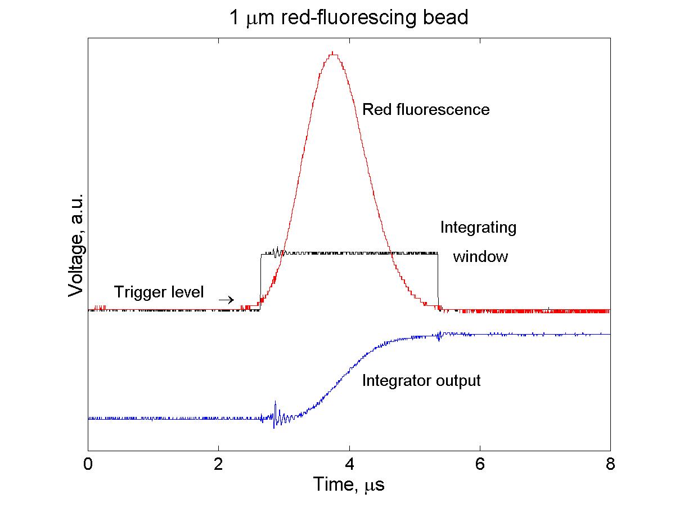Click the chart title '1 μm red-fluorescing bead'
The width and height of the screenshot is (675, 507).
pyautogui.click(x=348, y=18)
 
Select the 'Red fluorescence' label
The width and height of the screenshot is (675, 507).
pyautogui.click(x=426, y=109)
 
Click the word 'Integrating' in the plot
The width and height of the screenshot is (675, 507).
pyautogui.click(x=478, y=228)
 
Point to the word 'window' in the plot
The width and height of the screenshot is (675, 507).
pyautogui.click(x=480, y=257)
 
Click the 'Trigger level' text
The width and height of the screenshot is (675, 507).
pyautogui.click(x=159, y=292)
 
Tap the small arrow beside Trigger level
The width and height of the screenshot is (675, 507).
pyautogui.click(x=226, y=300)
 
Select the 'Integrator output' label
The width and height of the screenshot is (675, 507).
pyautogui.click(x=421, y=380)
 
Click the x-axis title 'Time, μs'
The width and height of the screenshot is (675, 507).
pyautogui.click(x=349, y=484)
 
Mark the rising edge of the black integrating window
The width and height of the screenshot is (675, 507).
pyautogui.click(x=260, y=282)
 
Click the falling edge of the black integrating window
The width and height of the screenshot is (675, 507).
pyautogui.click(x=438, y=282)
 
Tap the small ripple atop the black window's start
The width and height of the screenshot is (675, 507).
pyautogui.click(x=276, y=251)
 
